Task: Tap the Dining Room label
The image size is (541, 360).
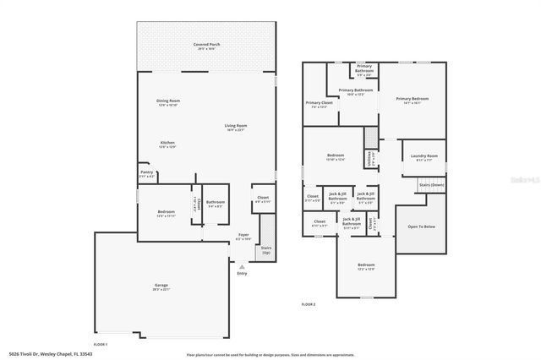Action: [168, 101]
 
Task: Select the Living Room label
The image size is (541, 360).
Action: [235, 126]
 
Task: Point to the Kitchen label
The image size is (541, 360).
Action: [168, 143]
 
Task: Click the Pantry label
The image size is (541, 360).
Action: [146, 172]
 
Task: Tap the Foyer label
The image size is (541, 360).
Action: [243, 236]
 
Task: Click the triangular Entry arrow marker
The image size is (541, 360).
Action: [242, 266]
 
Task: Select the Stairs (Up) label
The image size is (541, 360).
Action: [265, 251]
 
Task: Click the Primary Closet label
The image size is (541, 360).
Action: [319, 104]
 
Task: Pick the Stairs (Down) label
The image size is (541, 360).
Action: [431, 184]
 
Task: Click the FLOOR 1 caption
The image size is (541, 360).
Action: [101, 345]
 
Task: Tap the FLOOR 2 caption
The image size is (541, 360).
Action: [308, 303]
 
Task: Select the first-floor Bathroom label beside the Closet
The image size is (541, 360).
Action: [215, 203]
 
